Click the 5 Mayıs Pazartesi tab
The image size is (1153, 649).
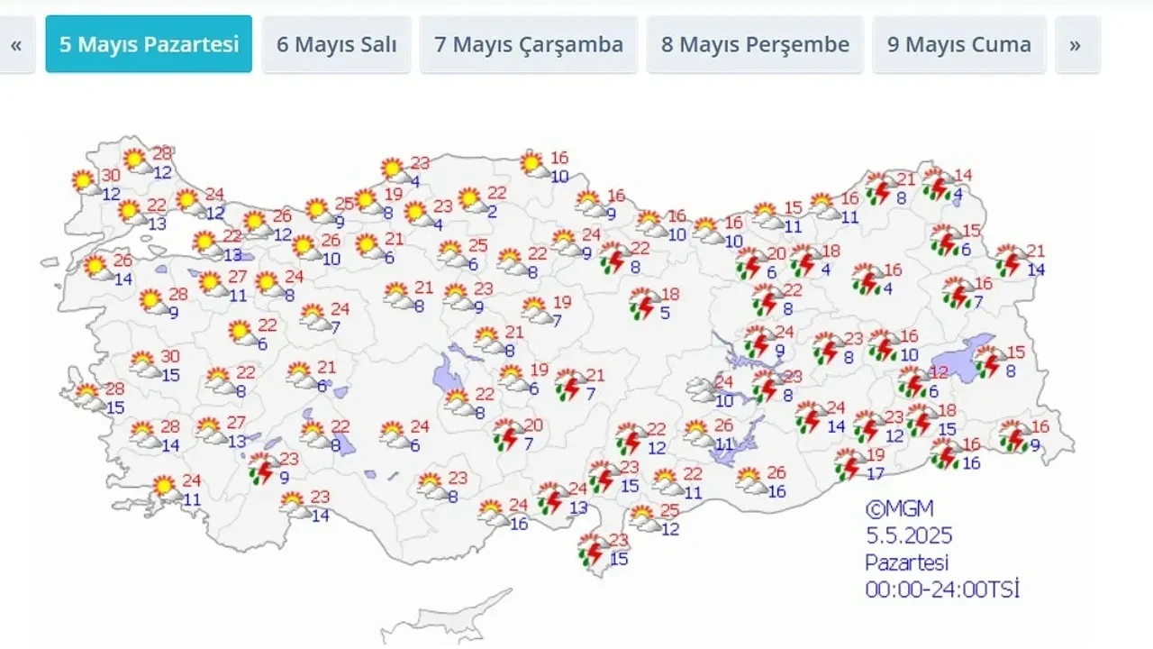[x=149, y=44]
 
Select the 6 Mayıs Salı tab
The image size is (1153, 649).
[x=336, y=44]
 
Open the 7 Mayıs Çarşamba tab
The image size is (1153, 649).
[x=529, y=44]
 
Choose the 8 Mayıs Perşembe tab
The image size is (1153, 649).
[x=755, y=44]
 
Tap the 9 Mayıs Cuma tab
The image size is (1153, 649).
[x=958, y=44]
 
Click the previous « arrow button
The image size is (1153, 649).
[x=15, y=44]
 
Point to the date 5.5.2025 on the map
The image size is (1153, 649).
[x=909, y=537]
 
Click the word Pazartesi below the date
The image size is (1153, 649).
[x=907, y=563]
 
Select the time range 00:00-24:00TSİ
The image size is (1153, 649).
[x=942, y=590]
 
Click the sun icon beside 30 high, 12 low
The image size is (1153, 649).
[x=85, y=182]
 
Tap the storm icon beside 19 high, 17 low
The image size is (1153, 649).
[x=847, y=465]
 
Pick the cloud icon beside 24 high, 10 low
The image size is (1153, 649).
[x=702, y=389]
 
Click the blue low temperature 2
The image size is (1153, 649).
[x=494, y=212]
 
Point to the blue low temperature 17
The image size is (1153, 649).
[x=875, y=473]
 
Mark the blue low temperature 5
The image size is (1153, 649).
[x=665, y=314]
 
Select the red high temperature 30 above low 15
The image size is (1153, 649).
[x=170, y=357]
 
